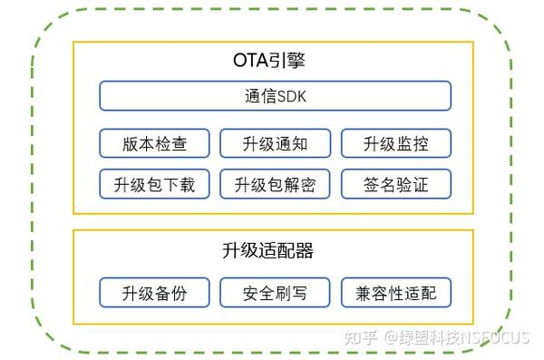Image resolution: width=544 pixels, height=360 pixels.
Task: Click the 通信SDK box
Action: (x=275, y=95)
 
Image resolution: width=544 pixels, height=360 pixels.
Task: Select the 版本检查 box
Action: (x=154, y=143)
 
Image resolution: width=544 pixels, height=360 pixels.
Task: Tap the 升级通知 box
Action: (x=275, y=143)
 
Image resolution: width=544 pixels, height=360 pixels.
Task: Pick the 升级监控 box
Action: (x=395, y=143)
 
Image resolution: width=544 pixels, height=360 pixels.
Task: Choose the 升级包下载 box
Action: (x=154, y=185)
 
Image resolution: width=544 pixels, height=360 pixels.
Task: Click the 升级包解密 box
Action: (x=275, y=185)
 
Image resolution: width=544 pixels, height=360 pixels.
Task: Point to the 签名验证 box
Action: (x=395, y=185)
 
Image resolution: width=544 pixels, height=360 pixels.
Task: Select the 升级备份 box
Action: (x=154, y=293)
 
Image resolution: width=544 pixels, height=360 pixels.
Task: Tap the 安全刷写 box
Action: (x=275, y=293)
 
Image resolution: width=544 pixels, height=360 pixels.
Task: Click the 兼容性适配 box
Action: (x=395, y=293)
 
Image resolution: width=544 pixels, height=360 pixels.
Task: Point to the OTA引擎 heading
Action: (x=274, y=62)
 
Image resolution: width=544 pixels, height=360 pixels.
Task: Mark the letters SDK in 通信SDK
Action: (x=290, y=95)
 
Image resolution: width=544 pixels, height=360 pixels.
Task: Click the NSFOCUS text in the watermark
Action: (x=497, y=337)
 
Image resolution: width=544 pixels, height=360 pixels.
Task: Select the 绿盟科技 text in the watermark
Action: (x=433, y=337)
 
